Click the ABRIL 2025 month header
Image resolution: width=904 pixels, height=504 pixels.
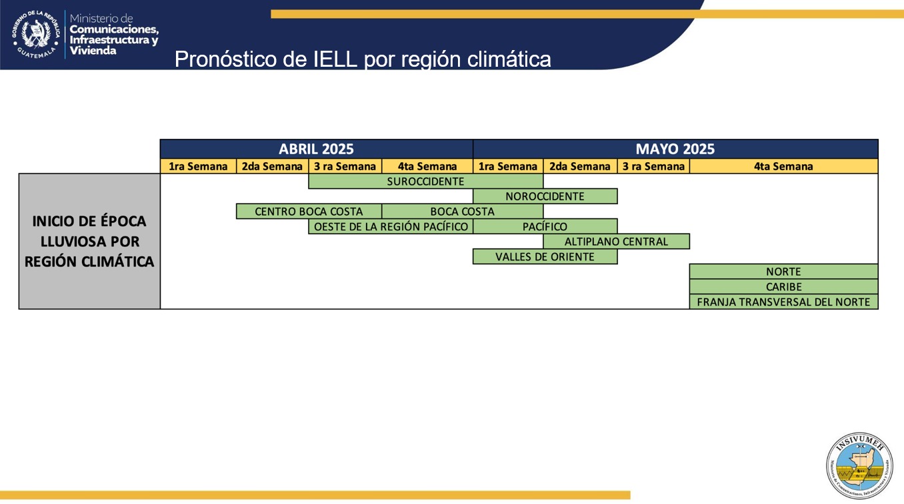click(316, 149)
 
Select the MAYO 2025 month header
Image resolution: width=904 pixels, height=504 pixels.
click(675, 149)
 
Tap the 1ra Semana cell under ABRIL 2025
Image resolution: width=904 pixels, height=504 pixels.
click(198, 166)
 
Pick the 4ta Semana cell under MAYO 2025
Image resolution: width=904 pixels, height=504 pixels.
click(783, 166)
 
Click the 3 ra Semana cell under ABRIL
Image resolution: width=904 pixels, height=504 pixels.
click(345, 166)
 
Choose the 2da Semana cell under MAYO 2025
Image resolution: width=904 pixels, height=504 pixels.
click(579, 166)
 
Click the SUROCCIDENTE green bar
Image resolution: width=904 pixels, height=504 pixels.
click(425, 181)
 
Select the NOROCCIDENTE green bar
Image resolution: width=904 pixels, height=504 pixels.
click(545, 196)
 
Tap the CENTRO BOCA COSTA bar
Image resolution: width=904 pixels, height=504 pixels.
click(309, 212)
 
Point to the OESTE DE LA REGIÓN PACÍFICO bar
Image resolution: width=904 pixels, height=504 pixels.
click(391, 226)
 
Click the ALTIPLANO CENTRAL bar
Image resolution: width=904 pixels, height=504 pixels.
click(616, 242)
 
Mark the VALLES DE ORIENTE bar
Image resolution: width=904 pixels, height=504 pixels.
click(545, 257)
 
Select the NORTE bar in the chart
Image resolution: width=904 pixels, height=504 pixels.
click(783, 272)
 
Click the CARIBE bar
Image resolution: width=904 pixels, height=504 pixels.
click(783, 287)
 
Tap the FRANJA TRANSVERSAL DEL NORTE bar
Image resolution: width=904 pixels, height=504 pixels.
click(783, 302)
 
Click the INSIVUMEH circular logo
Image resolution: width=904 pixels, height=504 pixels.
click(859, 465)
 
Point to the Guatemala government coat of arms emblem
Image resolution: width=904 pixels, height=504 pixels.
click(36, 33)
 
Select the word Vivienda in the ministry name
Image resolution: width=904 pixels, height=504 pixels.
click(93, 51)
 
